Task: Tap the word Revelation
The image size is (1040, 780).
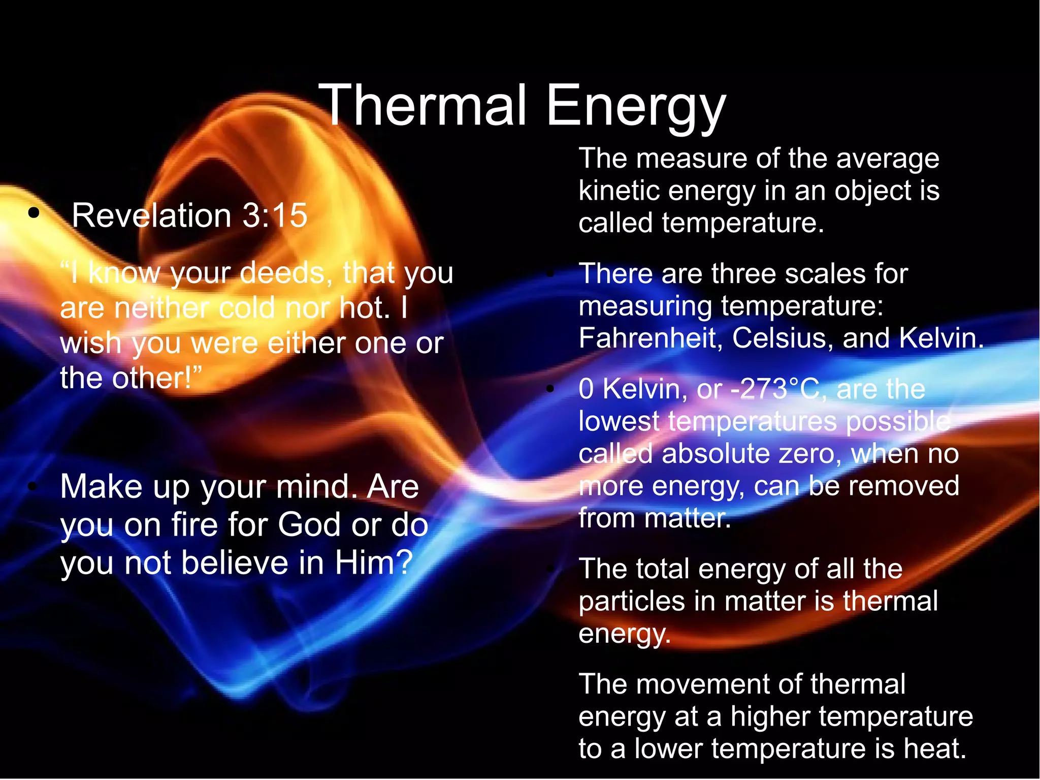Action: pos(151,215)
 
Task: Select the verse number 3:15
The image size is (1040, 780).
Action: pos(275,215)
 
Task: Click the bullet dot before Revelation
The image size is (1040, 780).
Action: pos(34,213)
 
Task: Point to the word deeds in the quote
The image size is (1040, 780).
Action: pos(282,273)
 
